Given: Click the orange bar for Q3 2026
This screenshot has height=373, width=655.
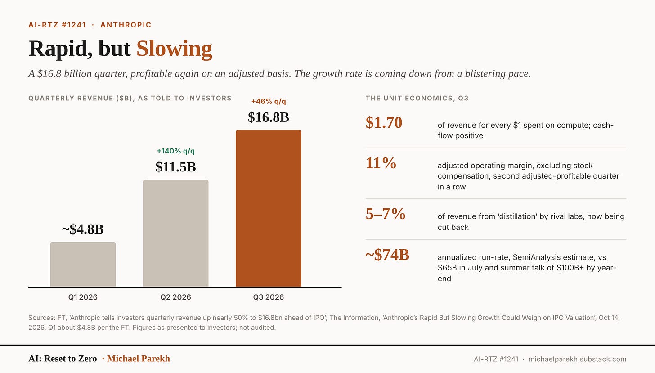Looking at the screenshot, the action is coord(269,208).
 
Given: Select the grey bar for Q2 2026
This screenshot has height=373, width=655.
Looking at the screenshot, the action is coord(176,233).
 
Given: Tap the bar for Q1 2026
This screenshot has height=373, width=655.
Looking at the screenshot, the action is coord(83,264).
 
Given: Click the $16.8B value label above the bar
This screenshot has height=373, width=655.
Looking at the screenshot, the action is coord(269,117).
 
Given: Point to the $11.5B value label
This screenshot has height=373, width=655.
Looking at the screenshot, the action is coord(176,167).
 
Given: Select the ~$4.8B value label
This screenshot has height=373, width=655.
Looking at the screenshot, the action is coord(83,229).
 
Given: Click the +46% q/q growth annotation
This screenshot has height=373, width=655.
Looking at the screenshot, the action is coord(269,102).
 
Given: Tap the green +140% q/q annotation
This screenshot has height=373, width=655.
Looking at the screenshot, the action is coord(176,151).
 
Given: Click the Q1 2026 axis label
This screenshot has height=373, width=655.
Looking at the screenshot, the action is coord(83,297).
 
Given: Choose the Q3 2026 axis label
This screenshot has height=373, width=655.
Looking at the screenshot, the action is coord(269,297).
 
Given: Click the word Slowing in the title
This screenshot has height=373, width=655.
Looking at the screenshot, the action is coord(174,49).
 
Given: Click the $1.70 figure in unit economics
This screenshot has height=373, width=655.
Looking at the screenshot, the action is coord(384,122).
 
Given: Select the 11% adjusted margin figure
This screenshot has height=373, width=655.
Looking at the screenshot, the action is coord(381,163).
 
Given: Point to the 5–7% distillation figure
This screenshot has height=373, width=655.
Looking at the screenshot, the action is coord(386,214).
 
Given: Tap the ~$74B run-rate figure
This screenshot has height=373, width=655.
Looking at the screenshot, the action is coord(387,255).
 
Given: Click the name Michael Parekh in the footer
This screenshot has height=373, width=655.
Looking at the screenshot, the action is coord(138,359).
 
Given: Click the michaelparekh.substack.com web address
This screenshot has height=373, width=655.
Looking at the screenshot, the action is coord(578,359).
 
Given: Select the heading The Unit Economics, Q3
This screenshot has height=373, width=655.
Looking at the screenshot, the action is coord(417,98).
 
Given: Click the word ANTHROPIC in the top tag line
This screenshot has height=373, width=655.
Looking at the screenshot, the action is coord(126,25).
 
